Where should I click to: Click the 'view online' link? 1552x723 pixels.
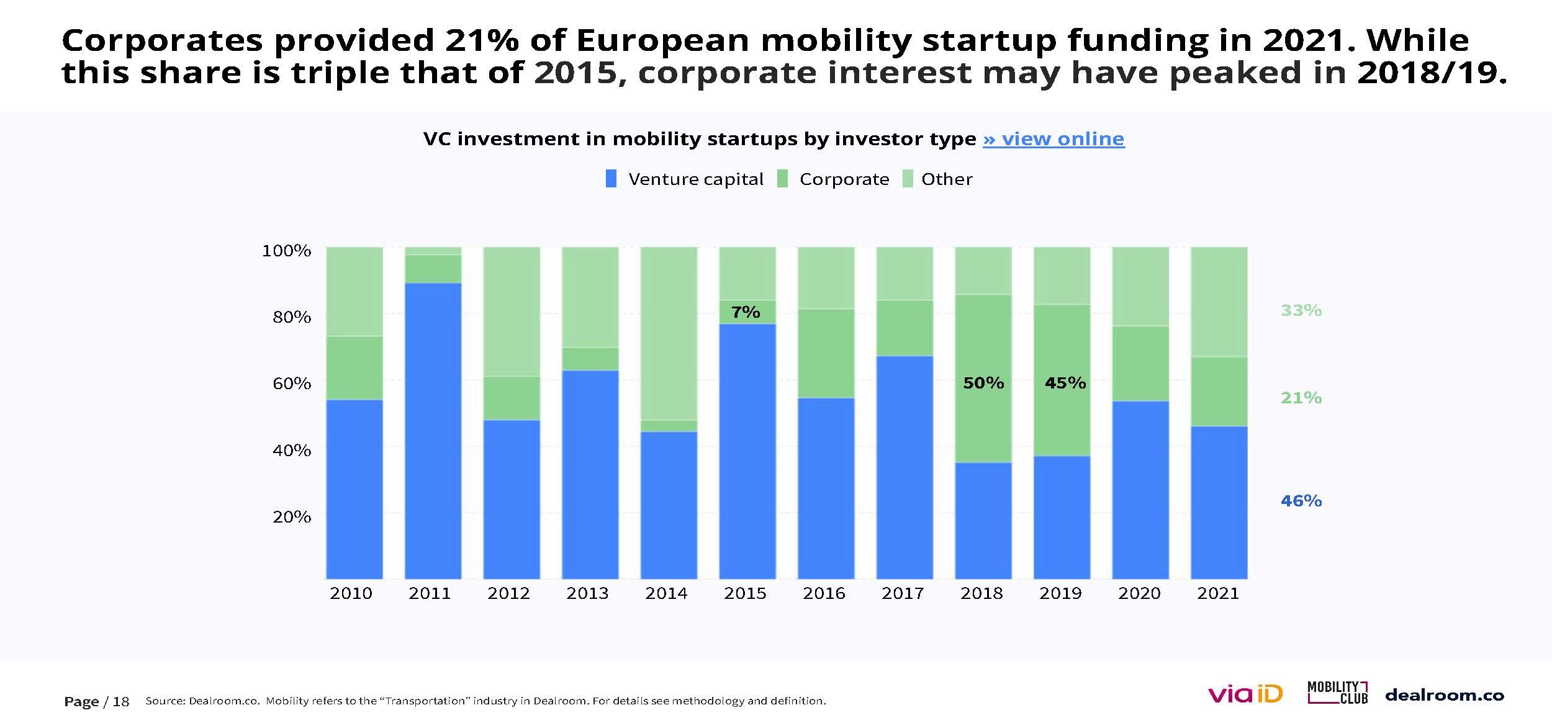1053,139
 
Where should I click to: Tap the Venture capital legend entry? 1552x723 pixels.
685,179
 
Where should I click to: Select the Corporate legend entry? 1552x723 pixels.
834,179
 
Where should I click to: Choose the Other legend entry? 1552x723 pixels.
938,179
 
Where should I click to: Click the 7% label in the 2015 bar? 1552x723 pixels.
746,312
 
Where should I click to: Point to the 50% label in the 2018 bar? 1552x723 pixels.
983,383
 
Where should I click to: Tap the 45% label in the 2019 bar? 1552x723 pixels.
1065,383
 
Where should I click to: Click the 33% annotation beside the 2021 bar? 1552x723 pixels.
1301,310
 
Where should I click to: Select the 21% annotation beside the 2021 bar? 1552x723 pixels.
1301,398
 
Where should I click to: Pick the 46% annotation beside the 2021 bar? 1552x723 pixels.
1301,501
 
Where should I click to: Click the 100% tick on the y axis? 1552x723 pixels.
286,251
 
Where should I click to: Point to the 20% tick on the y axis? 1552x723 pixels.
291,517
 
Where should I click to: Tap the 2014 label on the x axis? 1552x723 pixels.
666,594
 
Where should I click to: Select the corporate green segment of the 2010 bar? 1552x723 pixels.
354,368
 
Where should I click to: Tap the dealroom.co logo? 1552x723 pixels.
1445,695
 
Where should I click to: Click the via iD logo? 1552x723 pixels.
1245,694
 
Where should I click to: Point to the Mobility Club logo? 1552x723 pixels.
1337,693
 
